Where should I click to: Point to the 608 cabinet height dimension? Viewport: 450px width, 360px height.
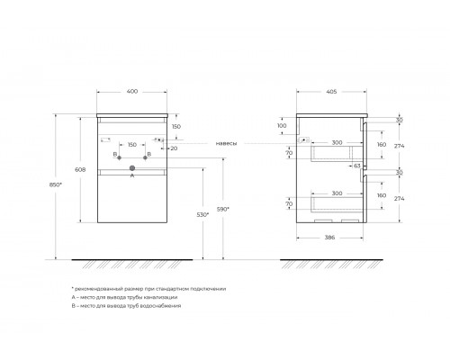79,168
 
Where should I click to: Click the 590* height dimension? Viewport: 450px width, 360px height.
224,209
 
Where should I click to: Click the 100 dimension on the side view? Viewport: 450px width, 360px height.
283,126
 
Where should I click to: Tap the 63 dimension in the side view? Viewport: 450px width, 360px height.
357,166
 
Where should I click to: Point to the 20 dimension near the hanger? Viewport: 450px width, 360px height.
172,148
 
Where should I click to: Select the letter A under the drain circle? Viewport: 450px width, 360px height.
131,175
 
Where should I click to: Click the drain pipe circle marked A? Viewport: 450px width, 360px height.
131,167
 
